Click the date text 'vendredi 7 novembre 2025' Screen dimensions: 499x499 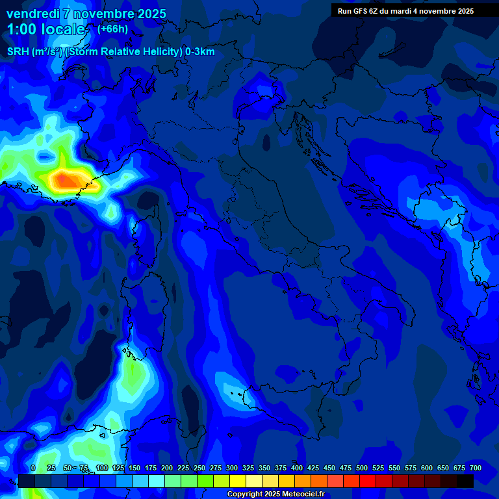click(x=86, y=14)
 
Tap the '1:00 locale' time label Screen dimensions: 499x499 click(x=46, y=29)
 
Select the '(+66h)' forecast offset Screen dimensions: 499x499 click(x=112, y=29)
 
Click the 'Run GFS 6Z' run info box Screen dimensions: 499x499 click(x=405, y=11)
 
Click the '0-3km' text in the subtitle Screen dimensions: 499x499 click(x=200, y=52)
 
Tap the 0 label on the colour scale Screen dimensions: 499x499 click(x=33, y=468)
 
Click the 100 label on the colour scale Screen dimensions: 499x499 click(x=101, y=468)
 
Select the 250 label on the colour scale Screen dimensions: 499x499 click(x=199, y=468)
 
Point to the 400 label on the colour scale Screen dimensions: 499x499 click(x=297, y=468)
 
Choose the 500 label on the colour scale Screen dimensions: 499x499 click(x=362, y=468)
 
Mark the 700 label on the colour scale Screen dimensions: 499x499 click(x=475, y=468)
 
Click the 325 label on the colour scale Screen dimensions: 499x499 click(x=248, y=468)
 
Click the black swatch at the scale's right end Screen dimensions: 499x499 click(x=465, y=481)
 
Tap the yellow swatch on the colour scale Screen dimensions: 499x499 click(x=238, y=481)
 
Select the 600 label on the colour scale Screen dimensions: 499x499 click(x=427, y=468)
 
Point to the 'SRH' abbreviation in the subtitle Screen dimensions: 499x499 click(x=18, y=52)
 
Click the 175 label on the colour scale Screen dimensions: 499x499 click(x=151, y=468)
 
